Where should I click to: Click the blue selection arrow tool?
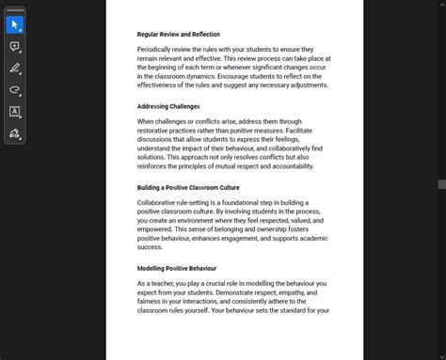[14, 24]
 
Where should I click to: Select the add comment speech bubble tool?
[14, 46]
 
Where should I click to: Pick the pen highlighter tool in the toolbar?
[14, 69]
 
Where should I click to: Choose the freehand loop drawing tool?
[14, 90]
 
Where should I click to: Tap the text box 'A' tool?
[14, 112]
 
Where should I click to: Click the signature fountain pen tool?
[14, 133]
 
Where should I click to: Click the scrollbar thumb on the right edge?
[441, 184]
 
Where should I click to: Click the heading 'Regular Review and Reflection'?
[179, 34]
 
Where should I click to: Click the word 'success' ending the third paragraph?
[150, 247]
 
